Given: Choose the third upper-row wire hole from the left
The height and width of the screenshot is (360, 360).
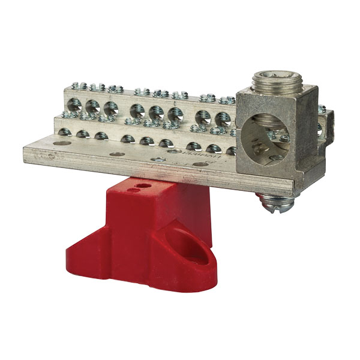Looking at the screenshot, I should pyautogui.click(x=110, y=109).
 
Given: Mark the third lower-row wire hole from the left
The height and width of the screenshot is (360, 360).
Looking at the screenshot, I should pyautogui.click(x=103, y=136).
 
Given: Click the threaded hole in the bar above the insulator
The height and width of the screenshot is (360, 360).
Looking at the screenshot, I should pyautogui.click(x=157, y=160).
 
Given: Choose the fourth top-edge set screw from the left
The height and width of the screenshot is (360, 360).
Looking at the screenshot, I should pyautogui.click(x=142, y=91).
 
